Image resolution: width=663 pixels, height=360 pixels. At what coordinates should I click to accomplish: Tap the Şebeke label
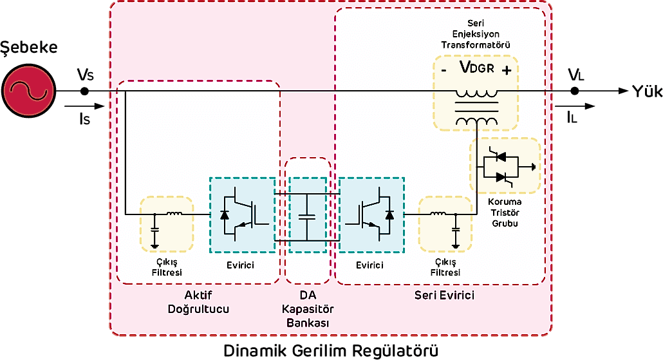coord(29,47)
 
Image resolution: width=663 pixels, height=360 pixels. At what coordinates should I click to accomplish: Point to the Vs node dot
coord(84,91)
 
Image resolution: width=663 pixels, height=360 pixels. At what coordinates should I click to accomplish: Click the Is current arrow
coord(87,106)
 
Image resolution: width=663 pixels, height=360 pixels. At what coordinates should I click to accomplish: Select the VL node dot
coord(575,91)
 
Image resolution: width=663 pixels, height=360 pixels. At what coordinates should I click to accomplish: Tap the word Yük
coord(646,91)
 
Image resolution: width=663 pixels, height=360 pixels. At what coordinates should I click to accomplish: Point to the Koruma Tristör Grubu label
coord(504,213)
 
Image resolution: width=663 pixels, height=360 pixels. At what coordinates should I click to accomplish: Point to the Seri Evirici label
coord(444,295)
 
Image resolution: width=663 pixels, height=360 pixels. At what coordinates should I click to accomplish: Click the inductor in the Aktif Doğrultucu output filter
coord(174,214)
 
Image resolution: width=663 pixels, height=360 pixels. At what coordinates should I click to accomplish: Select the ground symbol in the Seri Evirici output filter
coord(456,245)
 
